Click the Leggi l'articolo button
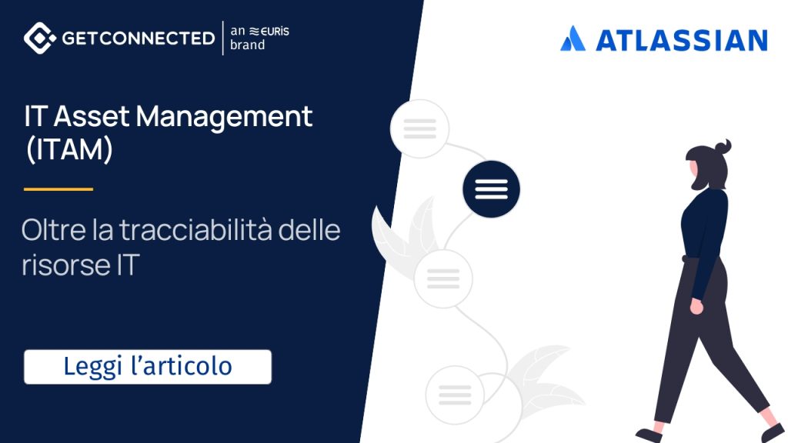[148, 367]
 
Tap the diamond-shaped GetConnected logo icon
[40, 38]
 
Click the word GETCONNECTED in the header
[139, 38]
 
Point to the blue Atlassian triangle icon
[573, 38]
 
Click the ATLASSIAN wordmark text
[682, 41]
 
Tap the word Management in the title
[224, 118]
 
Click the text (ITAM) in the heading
[68, 149]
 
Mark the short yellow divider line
[58, 189]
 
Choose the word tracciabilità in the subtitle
[196, 230]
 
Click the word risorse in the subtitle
[66, 265]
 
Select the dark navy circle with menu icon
[491, 189]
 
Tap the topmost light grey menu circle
[419, 128]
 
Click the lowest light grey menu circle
[455, 395]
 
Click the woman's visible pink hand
[696, 306]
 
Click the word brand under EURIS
[247, 45]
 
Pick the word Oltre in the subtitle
[54, 230]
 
